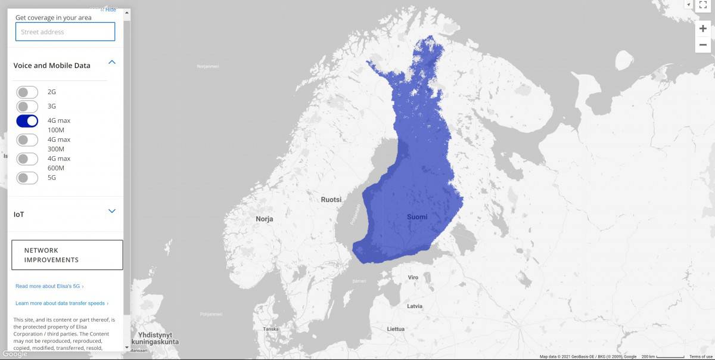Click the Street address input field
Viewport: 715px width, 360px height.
[65, 32]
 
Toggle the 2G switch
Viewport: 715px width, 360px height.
[27, 92]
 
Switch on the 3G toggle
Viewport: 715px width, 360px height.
[27, 107]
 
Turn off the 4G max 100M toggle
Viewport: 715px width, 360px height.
[27, 121]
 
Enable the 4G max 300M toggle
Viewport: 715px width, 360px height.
[27, 140]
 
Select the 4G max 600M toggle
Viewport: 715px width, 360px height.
[27, 159]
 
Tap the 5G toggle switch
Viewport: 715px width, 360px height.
[27, 178]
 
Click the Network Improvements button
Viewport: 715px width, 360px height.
[67, 255]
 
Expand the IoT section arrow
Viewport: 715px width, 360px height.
[111, 211]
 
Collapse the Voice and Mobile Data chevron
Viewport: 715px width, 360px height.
[111, 62]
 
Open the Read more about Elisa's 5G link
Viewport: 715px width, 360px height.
[49, 287]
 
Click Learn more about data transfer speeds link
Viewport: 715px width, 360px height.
[61, 303]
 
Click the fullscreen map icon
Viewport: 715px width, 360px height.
[703, 4]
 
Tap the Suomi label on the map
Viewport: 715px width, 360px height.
[417, 217]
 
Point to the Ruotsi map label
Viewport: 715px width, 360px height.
[331, 200]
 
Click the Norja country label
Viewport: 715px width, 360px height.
[265, 219]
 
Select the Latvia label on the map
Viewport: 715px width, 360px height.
[415, 306]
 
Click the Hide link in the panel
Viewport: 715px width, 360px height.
[109, 10]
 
